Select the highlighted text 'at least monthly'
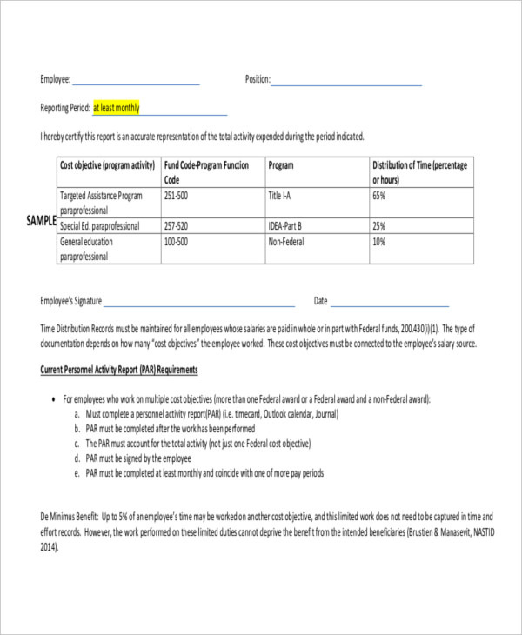pos(116,109)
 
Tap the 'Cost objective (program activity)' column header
pos(107,165)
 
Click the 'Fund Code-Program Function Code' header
pos(206,171)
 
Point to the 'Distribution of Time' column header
pos(420,171)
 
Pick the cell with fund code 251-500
pos(177,196)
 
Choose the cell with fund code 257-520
pos(177,225)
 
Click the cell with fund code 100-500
pos(177,243)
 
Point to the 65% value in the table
pos(379,196)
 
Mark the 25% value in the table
pos(379,225)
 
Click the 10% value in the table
pos(379,243)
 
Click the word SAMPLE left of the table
pos(42,221)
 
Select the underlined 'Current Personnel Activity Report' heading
pos(119,370)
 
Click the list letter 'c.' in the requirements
pos(77,444)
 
